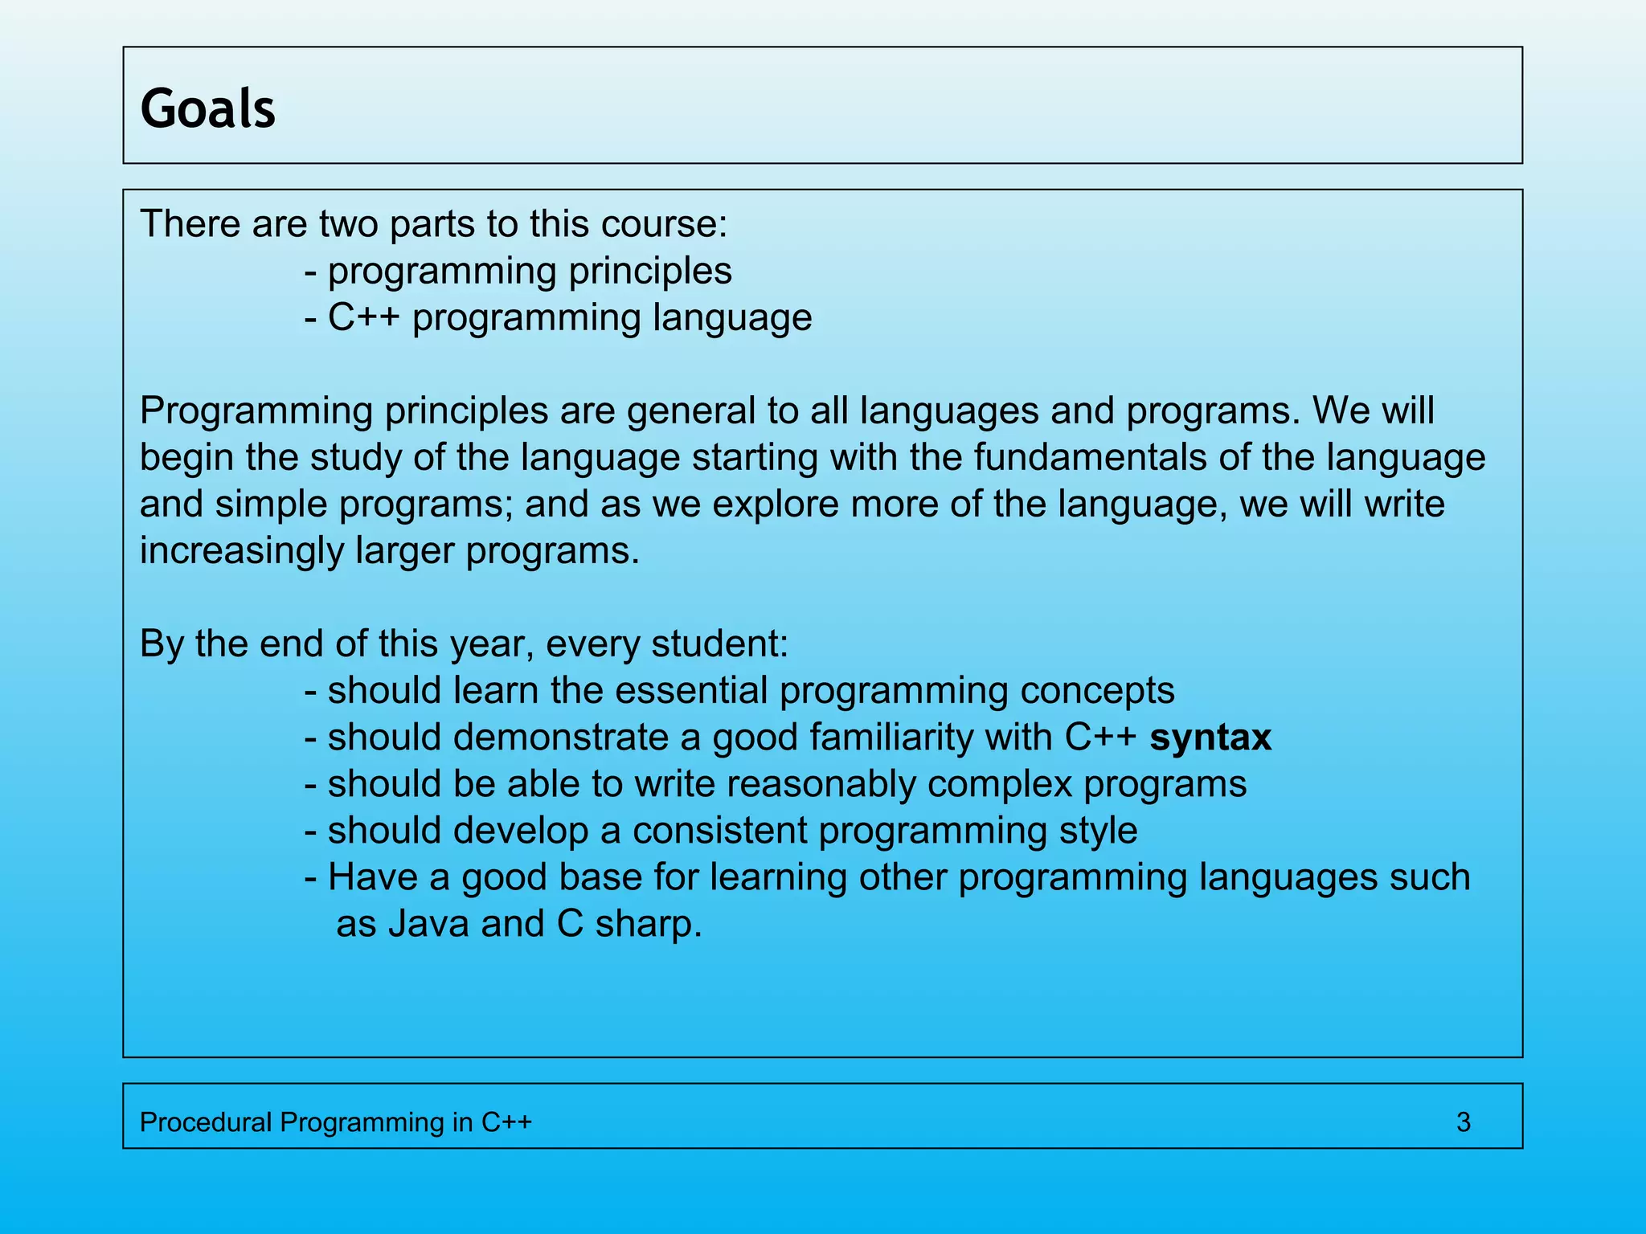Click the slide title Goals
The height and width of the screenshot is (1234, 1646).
pyautogui.click(x=207, y=108)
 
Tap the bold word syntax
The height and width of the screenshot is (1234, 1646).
pyautogui.click(x=1210, y=738)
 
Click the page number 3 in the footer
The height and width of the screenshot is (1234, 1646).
pyautogui.click(x=1463, y=1122)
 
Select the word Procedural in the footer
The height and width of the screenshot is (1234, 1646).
pyautogui.click(x=206, y=1122)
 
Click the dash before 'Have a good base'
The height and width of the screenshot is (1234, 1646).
pyautogui.click(x=310, y=878)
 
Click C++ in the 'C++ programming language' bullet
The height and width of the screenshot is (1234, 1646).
pyautogui.click(x=363, y=318)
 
